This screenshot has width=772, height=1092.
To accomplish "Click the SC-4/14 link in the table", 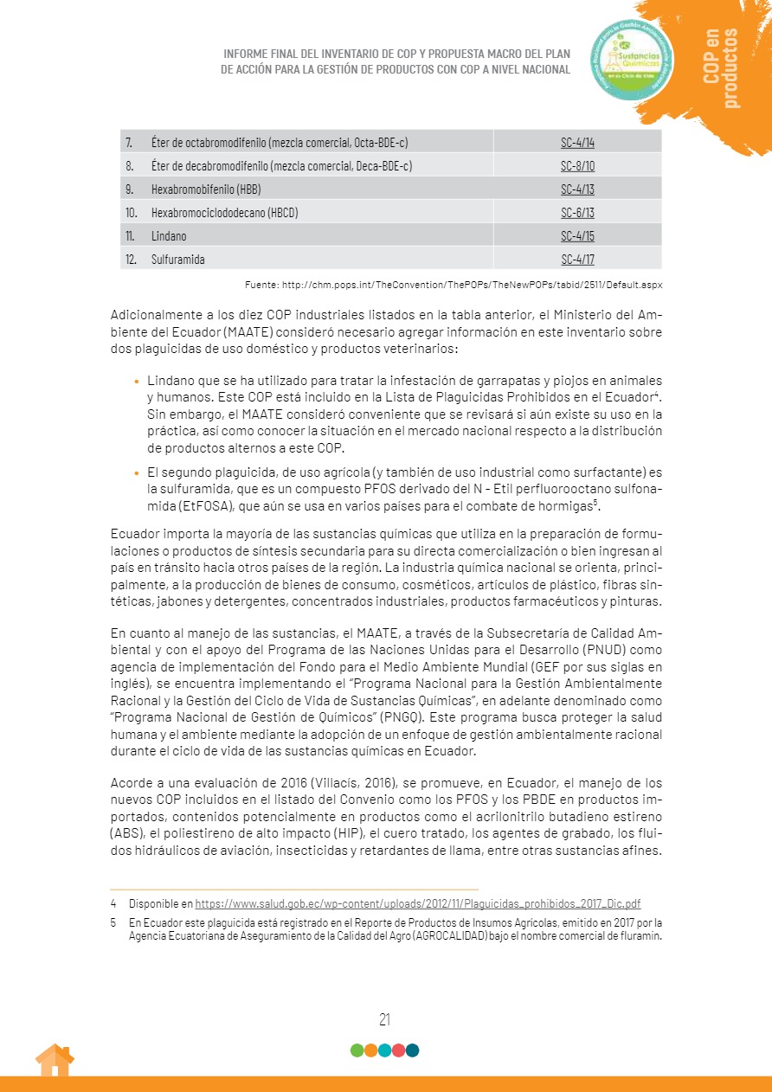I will coord(577,142).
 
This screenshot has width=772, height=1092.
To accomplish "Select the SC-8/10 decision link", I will coord(577,165).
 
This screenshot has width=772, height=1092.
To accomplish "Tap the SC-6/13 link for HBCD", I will coord(577,212).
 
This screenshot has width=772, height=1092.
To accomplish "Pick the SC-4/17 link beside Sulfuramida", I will coord(577,259).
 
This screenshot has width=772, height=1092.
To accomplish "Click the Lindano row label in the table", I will coord(169,235).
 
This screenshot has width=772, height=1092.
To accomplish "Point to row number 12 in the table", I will coord(132,259).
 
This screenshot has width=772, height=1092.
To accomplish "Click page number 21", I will coord(385,1019).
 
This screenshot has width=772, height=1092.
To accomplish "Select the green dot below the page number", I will coord(357,1050).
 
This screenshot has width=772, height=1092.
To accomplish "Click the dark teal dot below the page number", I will coord(413,1050).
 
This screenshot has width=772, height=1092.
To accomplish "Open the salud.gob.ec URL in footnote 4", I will coord(418,903).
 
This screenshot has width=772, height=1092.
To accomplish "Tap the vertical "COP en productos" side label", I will coord(722,69).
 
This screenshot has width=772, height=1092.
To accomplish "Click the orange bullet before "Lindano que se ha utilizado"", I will coord(136,381).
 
